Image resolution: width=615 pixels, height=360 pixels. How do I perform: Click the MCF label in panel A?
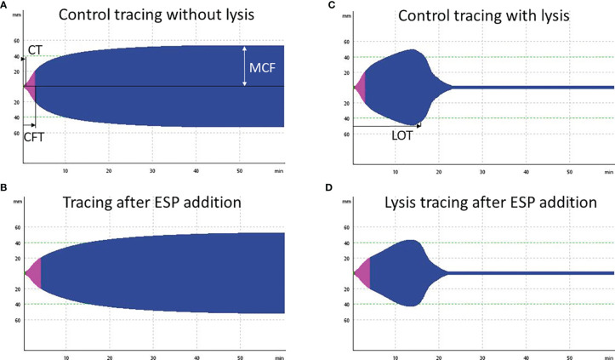(x=267, y=65)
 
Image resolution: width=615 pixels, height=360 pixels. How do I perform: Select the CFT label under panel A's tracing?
(x=35, y=134)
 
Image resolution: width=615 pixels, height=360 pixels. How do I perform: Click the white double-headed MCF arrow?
(x=246, y=66)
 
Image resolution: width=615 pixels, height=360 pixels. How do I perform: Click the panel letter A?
(x=4, y=5)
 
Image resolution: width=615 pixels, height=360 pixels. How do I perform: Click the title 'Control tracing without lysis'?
(x=153, y=18)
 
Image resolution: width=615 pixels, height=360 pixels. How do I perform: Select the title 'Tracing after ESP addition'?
(x=153, y=203)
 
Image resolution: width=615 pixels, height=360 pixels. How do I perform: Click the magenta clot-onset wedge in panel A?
(x=31, y=86)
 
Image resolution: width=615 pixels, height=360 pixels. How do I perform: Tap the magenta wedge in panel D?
(x=362, y=272)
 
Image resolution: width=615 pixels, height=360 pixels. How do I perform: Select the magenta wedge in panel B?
(x=34, y=272)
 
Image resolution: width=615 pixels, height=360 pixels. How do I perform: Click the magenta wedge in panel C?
(x=360, y=87)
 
